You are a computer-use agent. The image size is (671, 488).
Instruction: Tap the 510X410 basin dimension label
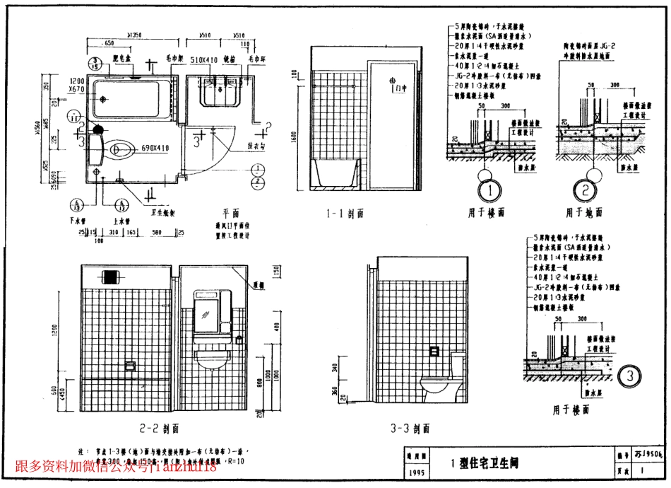tap(204, 61)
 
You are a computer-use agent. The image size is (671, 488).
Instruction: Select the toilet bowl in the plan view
tap(123, 149)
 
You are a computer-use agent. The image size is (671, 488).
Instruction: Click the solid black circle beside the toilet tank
tap(98, 129)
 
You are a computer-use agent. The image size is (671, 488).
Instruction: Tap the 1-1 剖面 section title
tap(345, 213)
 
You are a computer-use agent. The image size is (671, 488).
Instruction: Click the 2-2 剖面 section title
tap(161, 428)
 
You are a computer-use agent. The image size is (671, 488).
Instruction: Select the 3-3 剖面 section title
tap(410, 429)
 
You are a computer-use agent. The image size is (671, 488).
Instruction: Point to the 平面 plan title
tap(230, 213)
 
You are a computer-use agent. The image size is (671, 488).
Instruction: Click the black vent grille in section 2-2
tap(109, 276)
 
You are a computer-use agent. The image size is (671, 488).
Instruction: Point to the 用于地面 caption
tap(584, 212)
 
